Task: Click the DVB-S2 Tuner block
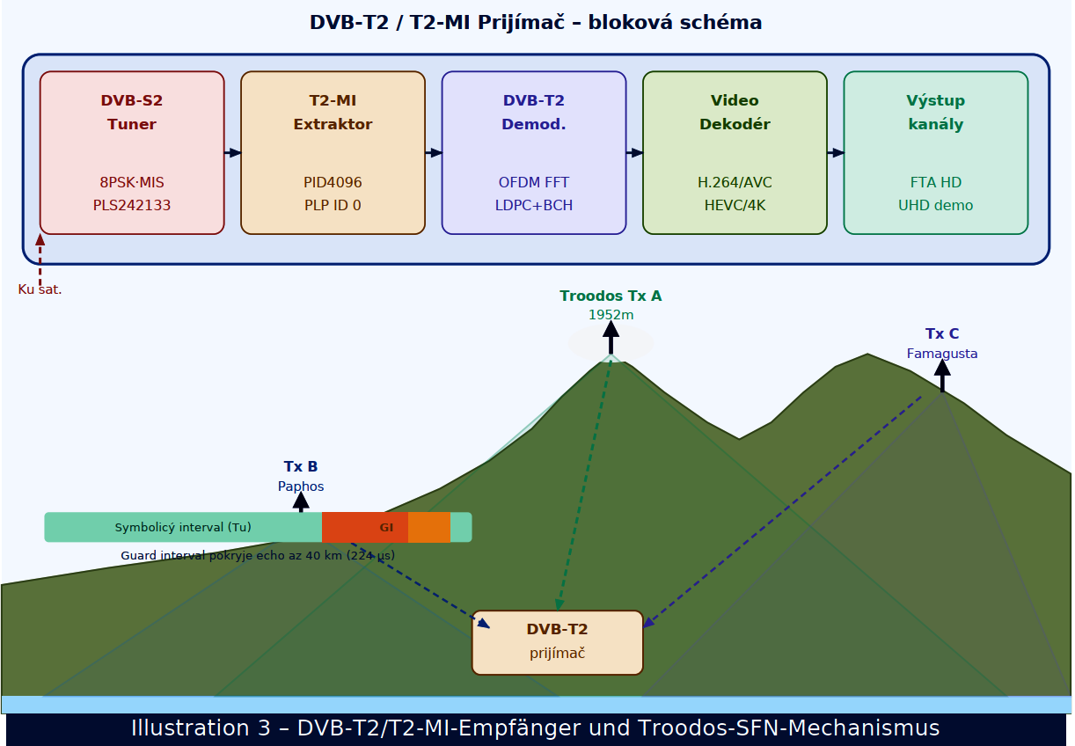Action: coord(132,152)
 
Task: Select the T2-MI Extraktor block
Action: coord(333,152)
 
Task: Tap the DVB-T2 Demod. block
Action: coord(534,152)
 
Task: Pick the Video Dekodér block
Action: coord(735,152)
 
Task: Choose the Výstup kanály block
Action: coord(936,152)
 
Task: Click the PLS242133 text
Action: coord(132,206)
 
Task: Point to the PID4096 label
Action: coord(333,183)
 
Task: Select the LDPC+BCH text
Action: coord(534,206)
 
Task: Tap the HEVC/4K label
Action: coord(735,206)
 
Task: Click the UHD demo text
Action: coord(936,206)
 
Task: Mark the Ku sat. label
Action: coord(40,289)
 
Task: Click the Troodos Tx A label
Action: coord(611,296)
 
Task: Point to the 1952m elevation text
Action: coord(611,315)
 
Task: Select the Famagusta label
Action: coord(942,354)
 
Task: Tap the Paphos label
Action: coord(301,486)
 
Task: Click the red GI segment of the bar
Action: coord(365,528)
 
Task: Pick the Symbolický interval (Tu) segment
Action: coord(183,528)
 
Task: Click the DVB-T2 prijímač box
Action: coord(558,642)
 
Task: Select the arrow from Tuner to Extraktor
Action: coord(232,153)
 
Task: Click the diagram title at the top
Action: coord(536,23)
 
